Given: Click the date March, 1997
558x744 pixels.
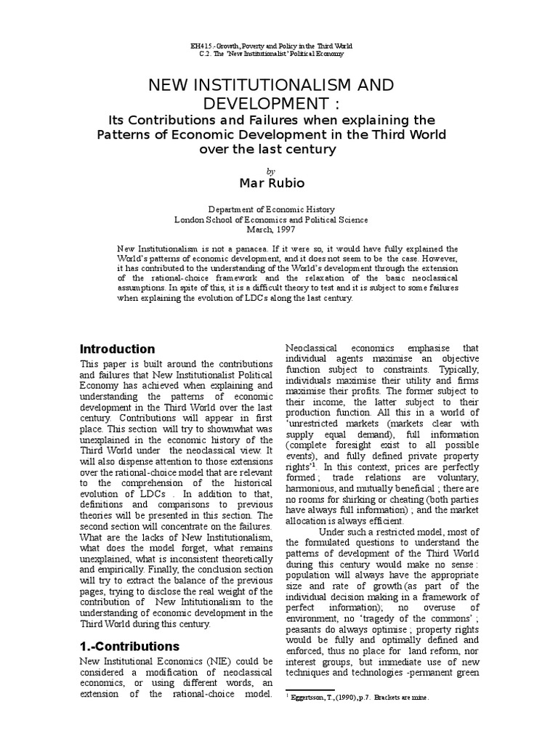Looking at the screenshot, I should [x=279, y=230].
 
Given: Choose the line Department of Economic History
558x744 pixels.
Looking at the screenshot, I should [x=279, y=208].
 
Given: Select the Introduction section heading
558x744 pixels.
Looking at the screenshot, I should [x=117, y=349].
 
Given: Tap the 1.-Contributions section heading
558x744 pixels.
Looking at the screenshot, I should [x=130, y=646].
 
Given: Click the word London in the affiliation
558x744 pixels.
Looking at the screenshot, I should [x=191, y=219].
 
